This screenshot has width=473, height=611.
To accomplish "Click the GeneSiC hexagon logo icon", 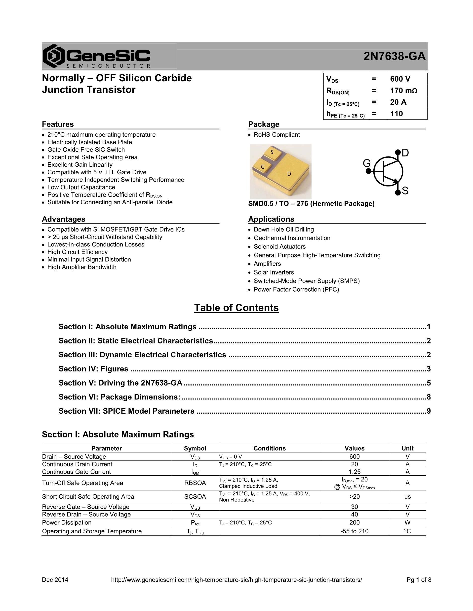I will pos(54,56).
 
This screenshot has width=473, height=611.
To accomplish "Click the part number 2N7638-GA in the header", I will pos(394,57).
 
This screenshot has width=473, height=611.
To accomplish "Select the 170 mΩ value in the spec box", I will pos(403,91).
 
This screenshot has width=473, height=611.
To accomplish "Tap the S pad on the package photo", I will pos(272,153).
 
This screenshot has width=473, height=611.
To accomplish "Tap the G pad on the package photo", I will pos(263,167).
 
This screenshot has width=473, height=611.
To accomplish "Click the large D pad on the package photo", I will pos(289,174).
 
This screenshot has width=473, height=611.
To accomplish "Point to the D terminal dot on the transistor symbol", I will pos(398,152).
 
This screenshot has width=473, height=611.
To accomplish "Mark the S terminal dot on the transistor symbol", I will pos(398,192).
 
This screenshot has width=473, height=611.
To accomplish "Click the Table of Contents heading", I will pos(236,308).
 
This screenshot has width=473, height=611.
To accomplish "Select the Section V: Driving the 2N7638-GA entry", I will pos(120,383).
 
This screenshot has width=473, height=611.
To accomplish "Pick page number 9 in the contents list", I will pos(429,411).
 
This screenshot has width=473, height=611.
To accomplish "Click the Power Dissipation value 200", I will pos(355,522).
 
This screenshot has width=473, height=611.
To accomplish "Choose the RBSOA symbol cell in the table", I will pos(195,483).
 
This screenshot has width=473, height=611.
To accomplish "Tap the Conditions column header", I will pos(270,449).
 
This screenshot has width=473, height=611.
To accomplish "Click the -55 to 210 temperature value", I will pos(355,531).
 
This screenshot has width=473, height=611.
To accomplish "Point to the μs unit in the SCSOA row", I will pos(407,497).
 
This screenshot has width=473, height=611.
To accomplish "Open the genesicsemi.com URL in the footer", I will pos(236,580).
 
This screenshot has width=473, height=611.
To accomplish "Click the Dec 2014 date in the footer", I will pos(55,580).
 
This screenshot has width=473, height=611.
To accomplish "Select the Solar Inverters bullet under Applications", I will pos(274,272).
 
